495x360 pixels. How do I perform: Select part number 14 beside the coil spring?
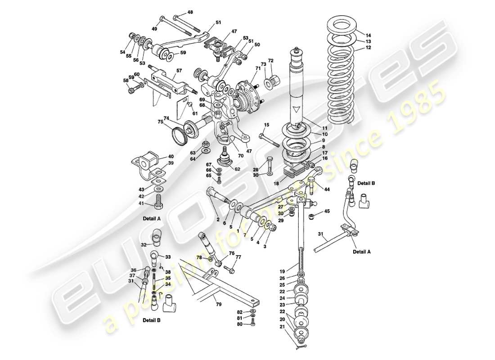point(368,35)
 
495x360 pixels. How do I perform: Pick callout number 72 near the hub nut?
point(270,60)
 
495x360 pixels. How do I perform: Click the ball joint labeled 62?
point(223,160)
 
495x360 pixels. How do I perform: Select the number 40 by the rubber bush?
point(171,157)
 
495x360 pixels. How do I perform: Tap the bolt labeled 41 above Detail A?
point(158,200)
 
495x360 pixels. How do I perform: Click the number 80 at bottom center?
point(240,324)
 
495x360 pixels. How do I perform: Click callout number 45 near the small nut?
point(327,211)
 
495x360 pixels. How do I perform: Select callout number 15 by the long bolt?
point(266,125)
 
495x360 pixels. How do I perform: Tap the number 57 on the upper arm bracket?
point(179,71)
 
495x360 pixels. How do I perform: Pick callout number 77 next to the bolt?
point(238,257)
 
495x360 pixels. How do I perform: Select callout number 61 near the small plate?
point(194,113)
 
